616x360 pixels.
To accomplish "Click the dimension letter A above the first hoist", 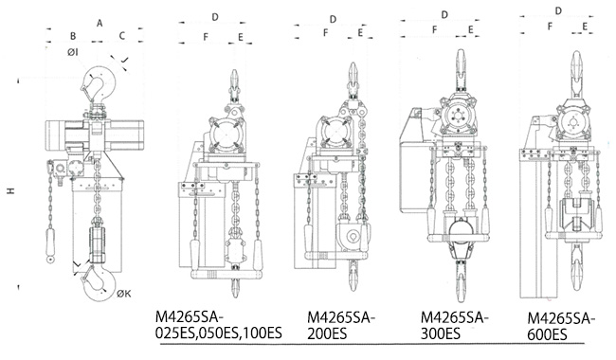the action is [100, 23].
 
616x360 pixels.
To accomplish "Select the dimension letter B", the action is [73, 36].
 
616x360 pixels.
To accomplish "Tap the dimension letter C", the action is [122, 36].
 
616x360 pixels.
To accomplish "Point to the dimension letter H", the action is [10, 190].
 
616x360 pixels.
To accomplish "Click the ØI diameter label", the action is [73, 52].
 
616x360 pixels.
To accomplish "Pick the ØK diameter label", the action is [124, 294].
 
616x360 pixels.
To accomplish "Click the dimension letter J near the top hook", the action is [124, 60].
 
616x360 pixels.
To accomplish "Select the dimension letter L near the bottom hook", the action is [78, 264].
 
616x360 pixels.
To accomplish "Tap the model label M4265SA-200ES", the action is [341, 325].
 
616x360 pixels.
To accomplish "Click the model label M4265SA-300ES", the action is [455, 325].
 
